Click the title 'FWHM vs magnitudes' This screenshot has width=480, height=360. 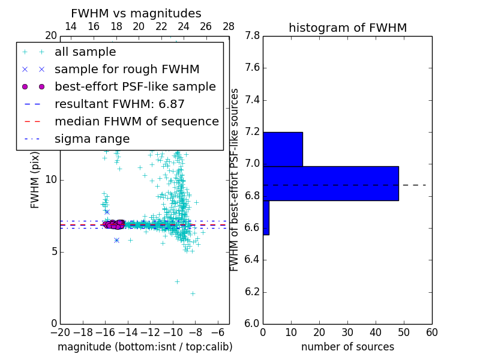click(x=136, y=13)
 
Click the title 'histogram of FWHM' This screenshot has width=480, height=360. click(x=347, y=28)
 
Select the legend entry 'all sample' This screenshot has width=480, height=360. click(x=85, y=52)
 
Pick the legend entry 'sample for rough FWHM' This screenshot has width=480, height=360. click(x=127, y=70)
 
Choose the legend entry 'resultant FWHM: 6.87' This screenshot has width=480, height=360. click(x=119, y=104)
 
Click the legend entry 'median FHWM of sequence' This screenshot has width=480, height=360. click(x=136, y=121)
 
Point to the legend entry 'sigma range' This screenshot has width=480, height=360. click(x=92, y=139)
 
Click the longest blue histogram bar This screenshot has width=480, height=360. click(x=331, y=183)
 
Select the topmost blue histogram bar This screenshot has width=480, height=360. click(x=283, y=149)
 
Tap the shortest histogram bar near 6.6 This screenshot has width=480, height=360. click(x=266, y=217)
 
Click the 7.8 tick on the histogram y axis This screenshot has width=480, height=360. click(x=252, y=36)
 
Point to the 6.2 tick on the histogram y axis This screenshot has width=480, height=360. click(x=252, y=292)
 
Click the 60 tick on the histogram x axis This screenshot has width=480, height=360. click(x=431, y=332)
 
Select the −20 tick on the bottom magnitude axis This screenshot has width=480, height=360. click(x=60, y=332)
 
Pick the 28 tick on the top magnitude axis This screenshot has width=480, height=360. click(x=229, y=26)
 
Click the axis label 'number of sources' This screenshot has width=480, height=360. click(x=347, y=347)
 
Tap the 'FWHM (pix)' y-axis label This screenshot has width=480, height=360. click(x=35, y=180)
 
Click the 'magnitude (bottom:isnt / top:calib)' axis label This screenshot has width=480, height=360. click(x=145, y=347)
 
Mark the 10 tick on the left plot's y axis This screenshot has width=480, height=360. click(x=52, y=180)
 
